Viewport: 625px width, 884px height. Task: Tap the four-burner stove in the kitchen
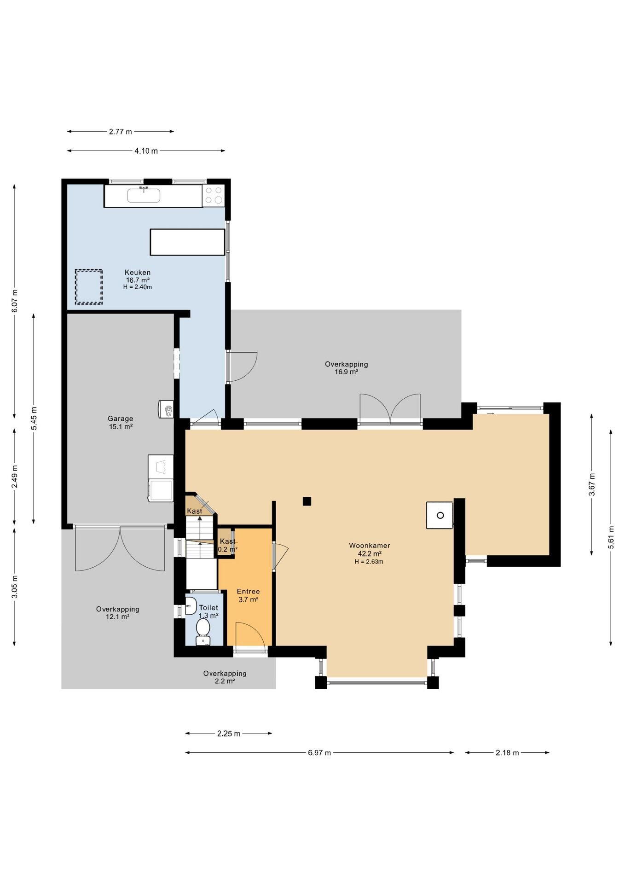214,195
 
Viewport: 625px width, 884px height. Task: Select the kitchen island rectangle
187,242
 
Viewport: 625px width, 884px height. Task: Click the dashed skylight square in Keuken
89,286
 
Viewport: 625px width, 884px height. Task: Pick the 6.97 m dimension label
319,753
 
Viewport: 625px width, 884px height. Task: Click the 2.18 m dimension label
507,753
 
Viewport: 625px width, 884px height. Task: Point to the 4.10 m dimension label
146,151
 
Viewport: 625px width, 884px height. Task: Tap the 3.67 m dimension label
592,484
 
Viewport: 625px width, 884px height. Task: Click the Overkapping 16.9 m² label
346,368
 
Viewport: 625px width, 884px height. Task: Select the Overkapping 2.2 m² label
225,677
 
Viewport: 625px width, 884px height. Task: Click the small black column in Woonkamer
307,501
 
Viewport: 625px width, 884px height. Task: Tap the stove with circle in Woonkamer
440,515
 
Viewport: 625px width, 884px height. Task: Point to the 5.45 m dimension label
34,419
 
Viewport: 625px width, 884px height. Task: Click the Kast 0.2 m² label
227,545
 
